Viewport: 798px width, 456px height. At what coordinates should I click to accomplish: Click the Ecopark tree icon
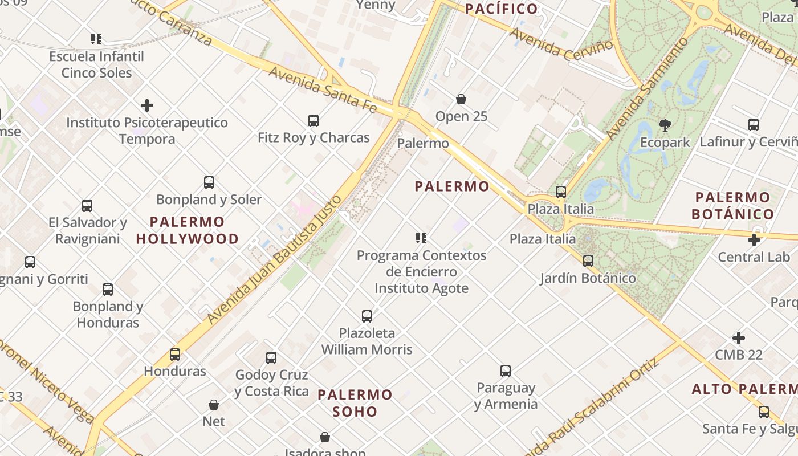coord(665,125)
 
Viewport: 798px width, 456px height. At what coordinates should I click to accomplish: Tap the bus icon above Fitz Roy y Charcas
coord(313,120)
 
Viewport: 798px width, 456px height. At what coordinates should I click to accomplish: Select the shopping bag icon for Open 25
coord(461,99)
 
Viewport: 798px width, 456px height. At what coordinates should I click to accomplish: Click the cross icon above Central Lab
coord(754,240)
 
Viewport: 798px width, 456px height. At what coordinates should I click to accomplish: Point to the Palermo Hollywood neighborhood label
coord(188,230)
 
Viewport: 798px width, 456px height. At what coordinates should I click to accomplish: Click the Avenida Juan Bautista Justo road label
coord(275,260)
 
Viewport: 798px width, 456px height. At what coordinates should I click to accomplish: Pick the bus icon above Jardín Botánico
coord(588,261)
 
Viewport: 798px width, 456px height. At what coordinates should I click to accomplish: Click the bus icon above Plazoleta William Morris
coord(367,316)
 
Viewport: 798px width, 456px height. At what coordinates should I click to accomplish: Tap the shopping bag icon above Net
coord(214,405)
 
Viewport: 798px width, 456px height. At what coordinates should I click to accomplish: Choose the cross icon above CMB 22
coord(739,338)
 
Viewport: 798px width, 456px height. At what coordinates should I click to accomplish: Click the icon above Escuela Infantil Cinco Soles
coord(96,39)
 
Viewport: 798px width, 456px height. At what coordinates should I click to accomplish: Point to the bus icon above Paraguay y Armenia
coord(506,371)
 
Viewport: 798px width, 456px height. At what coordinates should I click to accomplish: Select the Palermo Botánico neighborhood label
coord(733,206)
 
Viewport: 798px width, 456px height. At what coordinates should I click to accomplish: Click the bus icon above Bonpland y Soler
coord(209,182)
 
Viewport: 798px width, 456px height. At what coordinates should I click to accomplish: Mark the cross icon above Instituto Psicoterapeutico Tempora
coord(147,105)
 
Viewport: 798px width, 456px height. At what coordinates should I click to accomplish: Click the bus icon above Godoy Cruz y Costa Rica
coord(271,358)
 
